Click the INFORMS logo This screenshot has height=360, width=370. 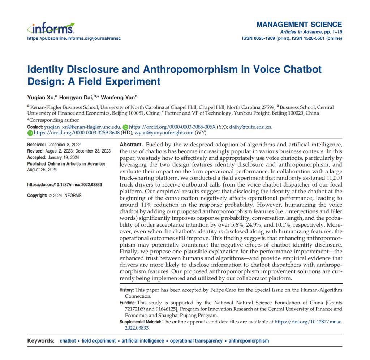[x=51, y=28]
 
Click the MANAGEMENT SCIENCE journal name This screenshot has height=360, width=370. [x=299, y=25]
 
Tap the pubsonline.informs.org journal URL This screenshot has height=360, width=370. [x=74, y=38]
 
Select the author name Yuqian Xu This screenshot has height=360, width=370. [x=41, y=97]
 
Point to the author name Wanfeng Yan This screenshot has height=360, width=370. [x=117, y=97]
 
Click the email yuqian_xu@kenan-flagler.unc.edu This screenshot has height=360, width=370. [x=82, y=127]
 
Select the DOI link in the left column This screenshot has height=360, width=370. [x=65, y=185]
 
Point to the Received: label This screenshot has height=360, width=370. [x=36, y=145]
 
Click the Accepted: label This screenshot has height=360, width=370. [x=37, y=158]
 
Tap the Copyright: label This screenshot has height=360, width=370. [x=37, y=196]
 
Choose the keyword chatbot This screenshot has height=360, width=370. [x=68, y=341]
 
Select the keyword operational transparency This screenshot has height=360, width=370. [x=196, y=341]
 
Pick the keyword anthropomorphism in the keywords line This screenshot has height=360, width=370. [x=249, y=341]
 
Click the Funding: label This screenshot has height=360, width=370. [x=128, y=302]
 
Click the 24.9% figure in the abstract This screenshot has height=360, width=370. [x=254, y=225]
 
